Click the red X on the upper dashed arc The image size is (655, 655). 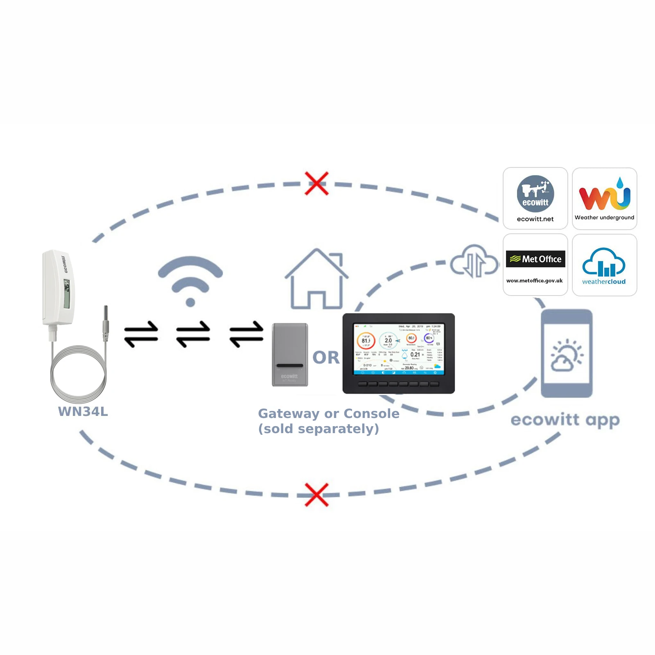pos(316,183)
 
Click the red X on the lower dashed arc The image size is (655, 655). pos(316,495)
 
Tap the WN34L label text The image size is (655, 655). pos(83,411)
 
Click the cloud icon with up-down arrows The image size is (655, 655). pos(474,262)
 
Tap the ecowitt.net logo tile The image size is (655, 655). pos(535,198)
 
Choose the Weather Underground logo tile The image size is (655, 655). pos(604,198)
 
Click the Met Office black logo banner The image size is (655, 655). pos(535,259)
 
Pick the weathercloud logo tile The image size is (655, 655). pos(604,265)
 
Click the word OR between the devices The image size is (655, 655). pos(326,357)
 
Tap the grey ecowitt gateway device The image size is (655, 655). pos(290,355)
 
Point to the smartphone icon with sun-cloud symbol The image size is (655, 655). pos(567,353)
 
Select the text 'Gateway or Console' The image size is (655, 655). pos(329,413)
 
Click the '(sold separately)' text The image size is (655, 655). pos(318,429)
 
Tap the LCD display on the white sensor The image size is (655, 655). pos(67,294)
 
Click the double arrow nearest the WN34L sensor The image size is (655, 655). pos(141,334)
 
